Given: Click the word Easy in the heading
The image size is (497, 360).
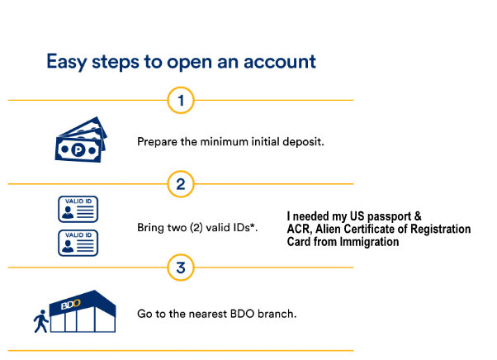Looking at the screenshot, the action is (66, 62).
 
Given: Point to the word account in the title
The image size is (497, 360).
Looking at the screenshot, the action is (280, 61).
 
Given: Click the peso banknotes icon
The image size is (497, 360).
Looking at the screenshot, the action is (81, 140).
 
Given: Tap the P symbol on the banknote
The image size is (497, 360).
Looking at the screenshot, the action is (78, 149).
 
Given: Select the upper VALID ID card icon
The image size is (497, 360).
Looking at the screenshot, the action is (78, 209).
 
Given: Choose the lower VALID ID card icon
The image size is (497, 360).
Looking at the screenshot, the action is (78, 243).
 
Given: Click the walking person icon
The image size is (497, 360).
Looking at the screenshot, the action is (41, 321).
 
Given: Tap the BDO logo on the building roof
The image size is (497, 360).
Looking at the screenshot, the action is (70, 304).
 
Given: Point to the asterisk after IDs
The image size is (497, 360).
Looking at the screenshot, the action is (253, 225).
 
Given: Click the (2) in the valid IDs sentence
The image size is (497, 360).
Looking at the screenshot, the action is (196, 228).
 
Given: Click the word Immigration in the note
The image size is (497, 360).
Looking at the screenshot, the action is (369, 242).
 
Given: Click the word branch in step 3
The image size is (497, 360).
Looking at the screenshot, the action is (277, 314).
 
